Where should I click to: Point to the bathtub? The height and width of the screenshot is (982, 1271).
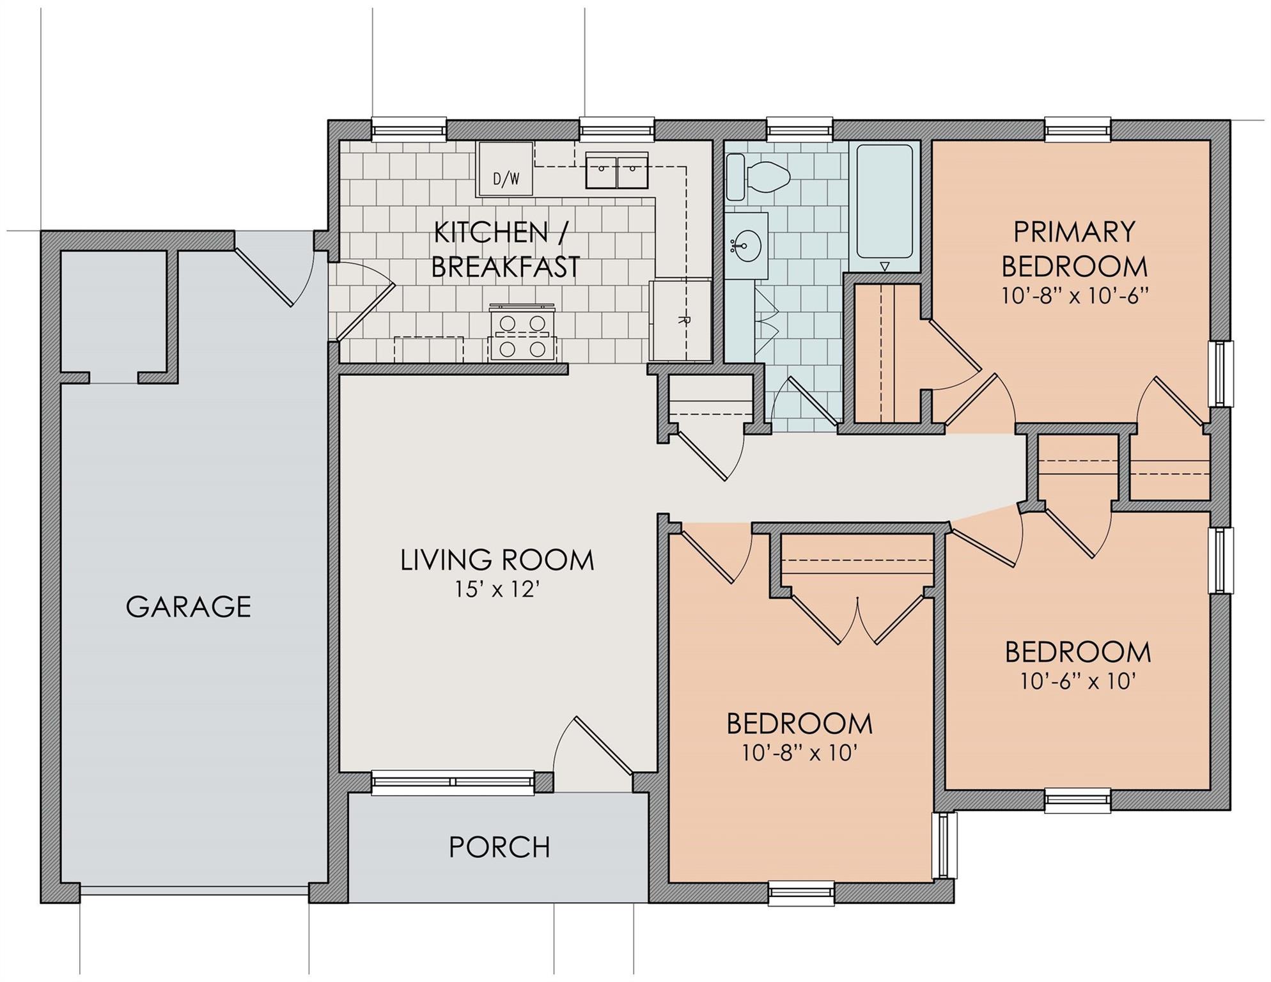tap(884, 202)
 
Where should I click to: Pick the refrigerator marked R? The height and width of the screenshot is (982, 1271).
tap(680, 320)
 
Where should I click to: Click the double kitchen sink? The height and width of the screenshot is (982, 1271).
tap(617, 170)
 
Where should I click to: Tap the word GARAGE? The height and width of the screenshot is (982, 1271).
tap(189, 606)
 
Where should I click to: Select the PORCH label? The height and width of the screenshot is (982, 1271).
tap(499, 847)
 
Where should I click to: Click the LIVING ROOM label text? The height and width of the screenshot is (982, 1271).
tap(497, 560)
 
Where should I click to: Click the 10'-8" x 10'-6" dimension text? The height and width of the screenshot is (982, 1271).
tap(1075, 296)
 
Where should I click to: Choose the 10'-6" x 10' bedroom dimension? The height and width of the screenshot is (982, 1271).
tap(1078, 682)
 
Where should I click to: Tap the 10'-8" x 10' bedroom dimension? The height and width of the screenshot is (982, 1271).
tap(799, 753)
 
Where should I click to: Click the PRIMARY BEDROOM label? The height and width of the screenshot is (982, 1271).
tap(1075, 249)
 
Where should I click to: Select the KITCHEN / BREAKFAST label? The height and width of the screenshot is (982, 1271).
tap(506, 250)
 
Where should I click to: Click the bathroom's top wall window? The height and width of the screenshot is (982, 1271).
tap(800, 130)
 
